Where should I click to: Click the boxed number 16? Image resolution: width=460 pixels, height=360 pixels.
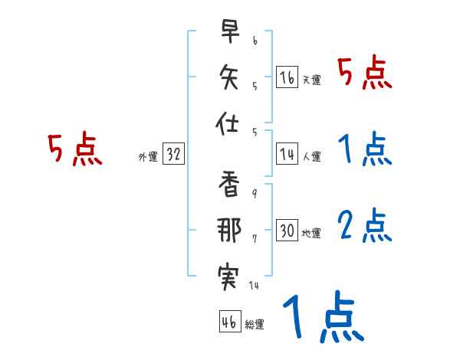[x=287, y=77]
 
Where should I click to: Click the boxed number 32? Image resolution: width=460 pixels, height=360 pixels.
[x=173, y=154]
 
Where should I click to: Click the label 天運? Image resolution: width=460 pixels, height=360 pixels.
[x=311, y=80]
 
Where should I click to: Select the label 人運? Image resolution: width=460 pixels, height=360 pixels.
[x=311, y=156]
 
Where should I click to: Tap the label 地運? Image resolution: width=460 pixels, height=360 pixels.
[x=311, y=233]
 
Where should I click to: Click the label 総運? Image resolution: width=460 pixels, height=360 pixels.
[x=254, y=324]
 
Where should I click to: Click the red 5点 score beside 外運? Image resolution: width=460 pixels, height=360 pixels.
[x=74, y=149]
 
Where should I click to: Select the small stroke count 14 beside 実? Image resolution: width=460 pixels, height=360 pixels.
[x=255, y=286]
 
